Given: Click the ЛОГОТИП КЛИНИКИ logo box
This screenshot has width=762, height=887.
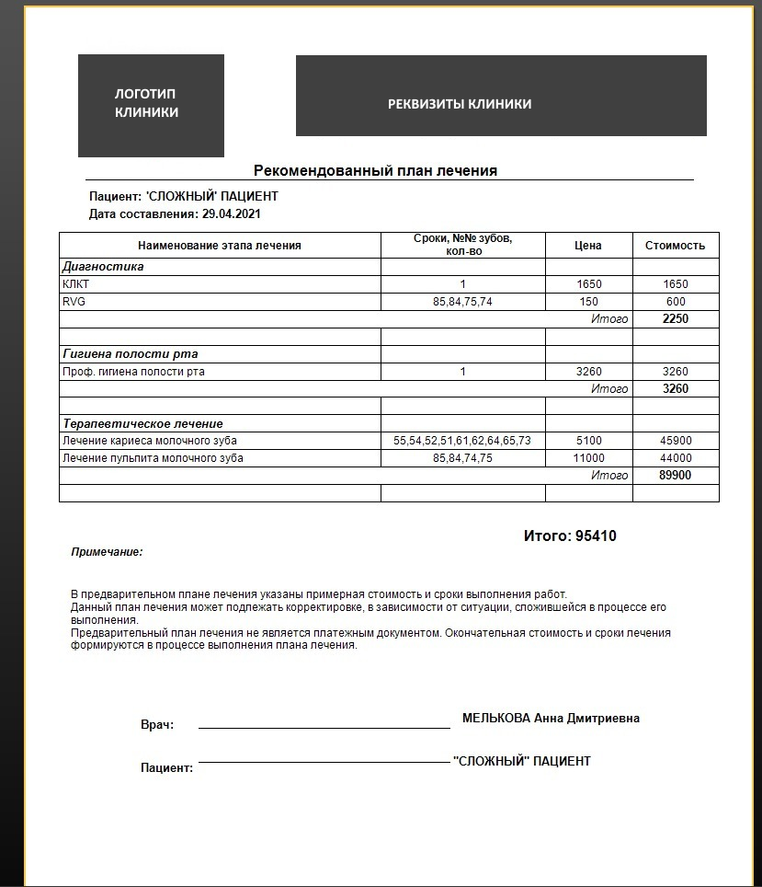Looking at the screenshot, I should tap(150, 104).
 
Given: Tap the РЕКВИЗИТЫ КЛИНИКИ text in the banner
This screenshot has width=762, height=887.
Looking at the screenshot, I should tap(460, 104).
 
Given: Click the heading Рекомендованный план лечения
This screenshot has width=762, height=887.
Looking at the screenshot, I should tap(375, 170).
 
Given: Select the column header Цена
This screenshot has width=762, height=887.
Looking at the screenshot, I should tap(588, 246).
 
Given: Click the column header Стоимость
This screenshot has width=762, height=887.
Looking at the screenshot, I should tap(675, 246).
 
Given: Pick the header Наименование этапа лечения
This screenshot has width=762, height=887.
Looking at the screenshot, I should tap(220, 246).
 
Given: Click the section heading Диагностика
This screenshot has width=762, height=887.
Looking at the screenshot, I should tap(103, 267).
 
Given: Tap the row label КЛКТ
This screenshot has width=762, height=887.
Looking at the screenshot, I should tap(77, 284).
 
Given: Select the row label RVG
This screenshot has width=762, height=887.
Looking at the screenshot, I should tap(74, 302).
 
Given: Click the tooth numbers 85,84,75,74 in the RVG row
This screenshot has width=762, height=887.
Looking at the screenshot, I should tap(462, 302).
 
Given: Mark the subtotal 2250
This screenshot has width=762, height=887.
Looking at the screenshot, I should tap(675, 319).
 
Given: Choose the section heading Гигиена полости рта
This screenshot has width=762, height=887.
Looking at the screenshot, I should tap(130, 353).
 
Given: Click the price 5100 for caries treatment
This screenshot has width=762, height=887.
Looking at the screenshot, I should tap(588, 441).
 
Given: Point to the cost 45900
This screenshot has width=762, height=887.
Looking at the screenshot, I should tap(675, 441).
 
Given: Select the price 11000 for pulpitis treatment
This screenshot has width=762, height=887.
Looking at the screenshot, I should tap(588, 458).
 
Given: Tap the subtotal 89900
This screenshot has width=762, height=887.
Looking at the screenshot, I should tap(675, 476).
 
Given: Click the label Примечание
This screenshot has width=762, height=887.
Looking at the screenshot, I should tap(107, 552).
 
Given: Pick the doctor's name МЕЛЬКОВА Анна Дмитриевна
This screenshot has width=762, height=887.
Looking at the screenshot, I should tap(551, 719).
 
